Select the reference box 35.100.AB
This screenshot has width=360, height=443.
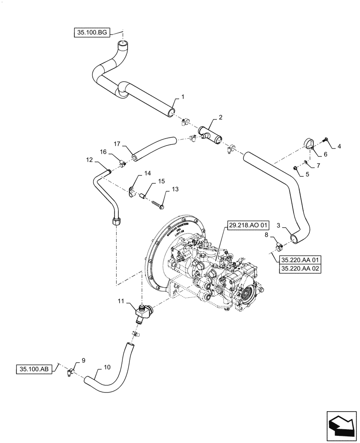click(35, 369)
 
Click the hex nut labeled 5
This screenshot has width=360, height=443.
click(295, 167)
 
